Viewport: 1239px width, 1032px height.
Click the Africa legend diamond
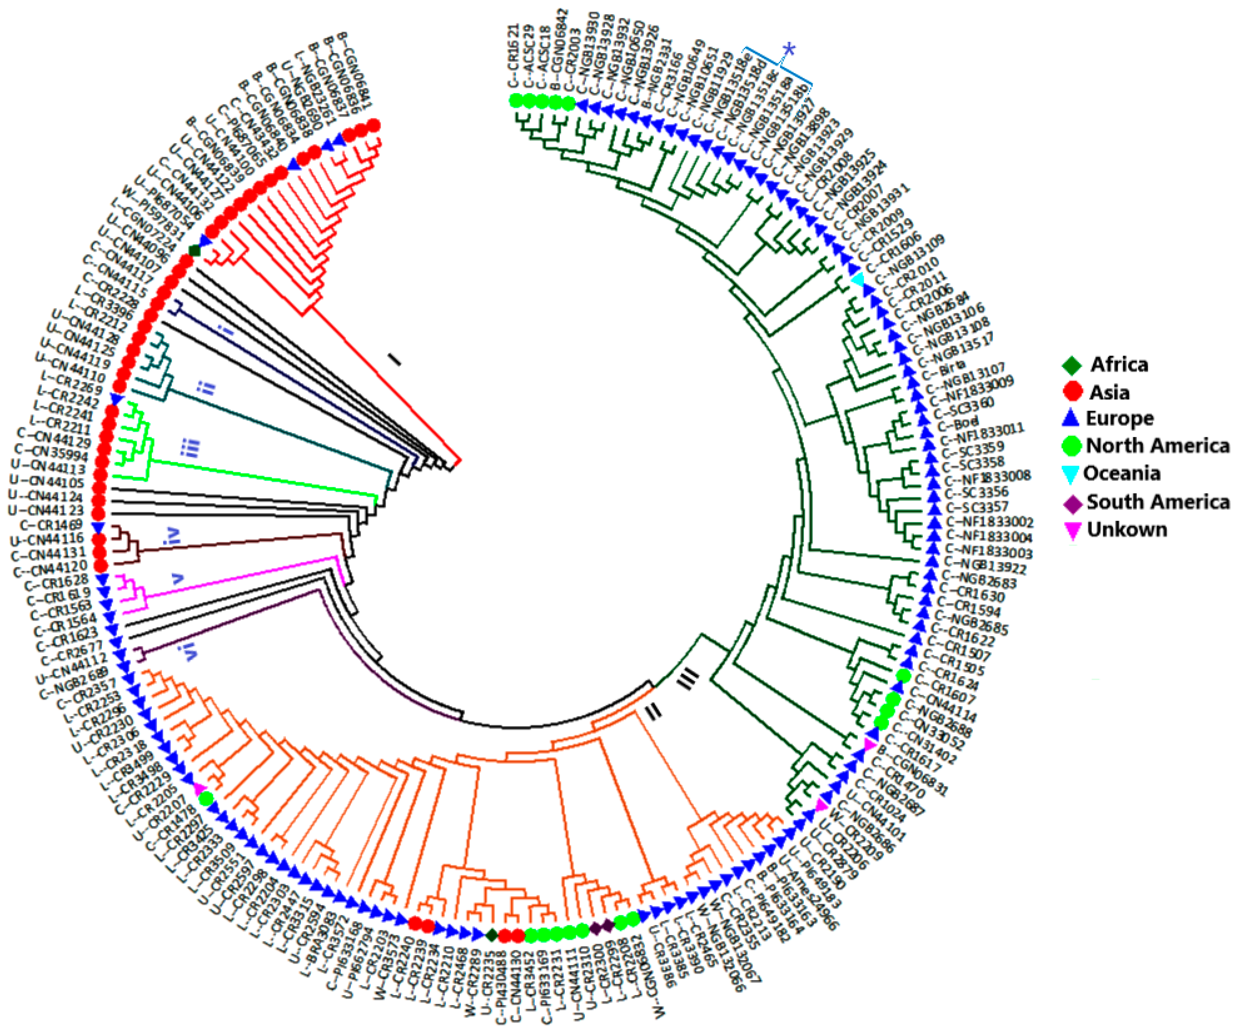[1072, 365]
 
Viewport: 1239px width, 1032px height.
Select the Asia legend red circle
[1072, 392]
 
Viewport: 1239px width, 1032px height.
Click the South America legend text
[1158, 502]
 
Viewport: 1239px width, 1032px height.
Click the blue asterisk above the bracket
[788, 50]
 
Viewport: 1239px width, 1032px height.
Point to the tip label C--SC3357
[977, 507]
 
